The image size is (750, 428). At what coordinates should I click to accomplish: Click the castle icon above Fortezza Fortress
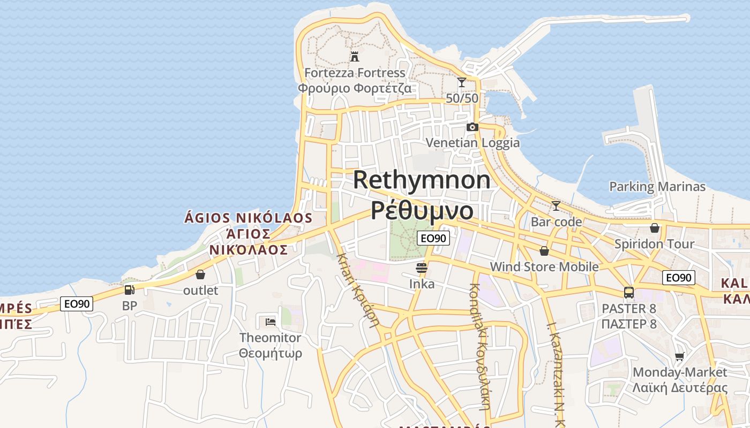point(354,56)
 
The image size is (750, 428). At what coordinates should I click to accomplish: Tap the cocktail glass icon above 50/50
point(461,82)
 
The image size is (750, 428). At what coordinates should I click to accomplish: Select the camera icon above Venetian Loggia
point(472,127)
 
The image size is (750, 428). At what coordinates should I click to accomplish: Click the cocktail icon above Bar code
point(556,205)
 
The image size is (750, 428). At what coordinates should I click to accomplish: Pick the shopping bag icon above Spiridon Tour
point(655,228)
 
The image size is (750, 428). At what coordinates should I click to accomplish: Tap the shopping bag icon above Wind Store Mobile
point(544,250)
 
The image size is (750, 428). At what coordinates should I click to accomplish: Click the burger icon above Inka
point(422,267)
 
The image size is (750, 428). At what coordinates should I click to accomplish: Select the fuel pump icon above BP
point(129,290)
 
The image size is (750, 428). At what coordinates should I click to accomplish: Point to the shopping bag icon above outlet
point(200,274)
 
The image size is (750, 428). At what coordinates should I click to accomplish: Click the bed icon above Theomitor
point(271,322)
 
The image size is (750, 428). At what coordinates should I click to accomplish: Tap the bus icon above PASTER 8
point(629,293)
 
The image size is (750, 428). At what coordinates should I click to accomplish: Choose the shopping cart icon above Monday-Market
point(680,356)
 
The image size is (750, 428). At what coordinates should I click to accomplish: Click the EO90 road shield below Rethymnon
point(433,238)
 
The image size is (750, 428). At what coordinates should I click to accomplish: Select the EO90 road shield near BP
point(77,304)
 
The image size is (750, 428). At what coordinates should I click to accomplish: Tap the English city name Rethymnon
point(422,180)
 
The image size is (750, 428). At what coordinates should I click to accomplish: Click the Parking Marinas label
point(657,187)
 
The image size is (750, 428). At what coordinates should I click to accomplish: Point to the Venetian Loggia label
point(472,142)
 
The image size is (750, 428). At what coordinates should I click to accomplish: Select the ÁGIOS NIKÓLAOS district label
point(248,218)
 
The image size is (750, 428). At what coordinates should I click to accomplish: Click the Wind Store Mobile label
point(544,266)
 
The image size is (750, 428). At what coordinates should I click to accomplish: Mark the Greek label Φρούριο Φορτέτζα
point(355,88)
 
